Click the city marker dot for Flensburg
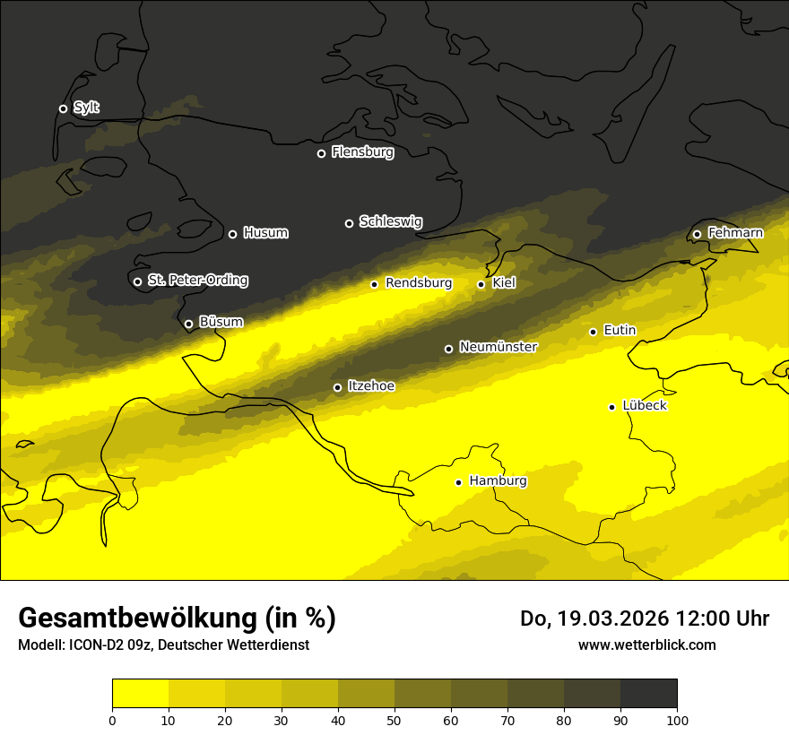pyautogui.click(x=321, y=153)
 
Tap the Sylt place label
pyautogui.click(x=86, y=108)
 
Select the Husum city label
pyautogui.click(x=265, y=233)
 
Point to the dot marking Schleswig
pyautogui.click(x=349, y=223)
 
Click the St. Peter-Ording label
pyautogui.click(x=197, y=281)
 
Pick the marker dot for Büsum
pyautogui.click(x=188, y=324)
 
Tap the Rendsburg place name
pyautogui.click(x=419, y=283)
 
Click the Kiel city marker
pyautogui.click(x=481, y=284)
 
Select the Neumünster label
pyautogui.click(x=499, y=347)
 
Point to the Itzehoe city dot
pyautogui.click(x=337, y=387)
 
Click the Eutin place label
pyautogui.click(x=620, y=331)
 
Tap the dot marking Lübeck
pyautogui.click(x=611, y=407)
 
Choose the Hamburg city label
pyautogui.click(x=498, y=481)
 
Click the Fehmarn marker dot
pyautogui.click(x=697, y=235)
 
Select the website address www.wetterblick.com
pyautogui.click(x=646, y=645)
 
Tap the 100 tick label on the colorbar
pyautogui.click(x=677, y=719)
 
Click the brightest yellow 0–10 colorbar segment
pyautogui.click(x=140, y=694)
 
